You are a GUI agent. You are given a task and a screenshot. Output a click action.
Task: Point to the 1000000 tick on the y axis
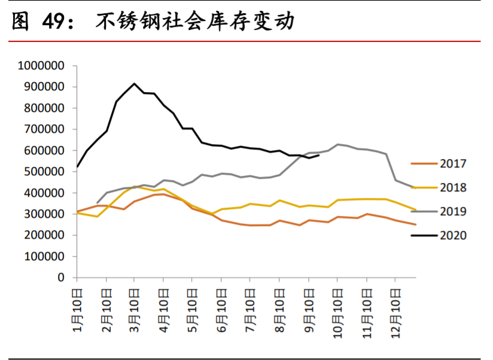tap(41, 66)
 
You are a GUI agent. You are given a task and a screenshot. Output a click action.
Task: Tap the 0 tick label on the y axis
tap(61, 277)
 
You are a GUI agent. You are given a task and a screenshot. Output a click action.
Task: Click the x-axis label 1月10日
tap(77, 306)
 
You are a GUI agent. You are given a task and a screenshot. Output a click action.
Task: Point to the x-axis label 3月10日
tap(134, 306)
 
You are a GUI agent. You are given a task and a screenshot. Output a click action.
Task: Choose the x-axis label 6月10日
tap(221, 306)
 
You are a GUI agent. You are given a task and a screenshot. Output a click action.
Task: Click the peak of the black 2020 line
tap(134, 84)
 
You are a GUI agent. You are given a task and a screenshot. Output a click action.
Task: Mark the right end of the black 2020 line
tap(319, 155)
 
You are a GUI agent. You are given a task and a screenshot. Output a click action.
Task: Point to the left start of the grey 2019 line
tap(97, 203)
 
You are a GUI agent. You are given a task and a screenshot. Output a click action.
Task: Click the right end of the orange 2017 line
tap(415, 224)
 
